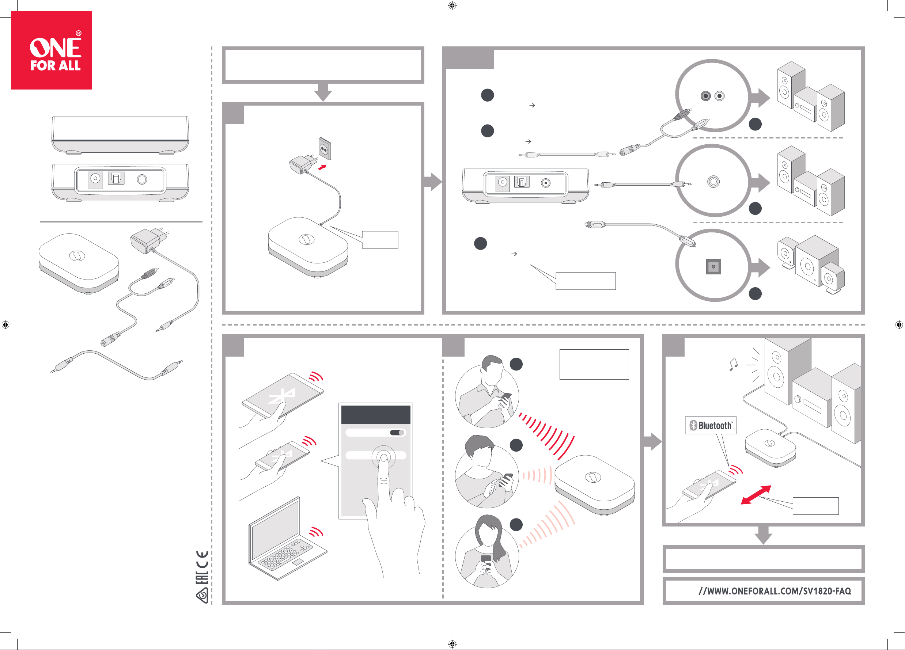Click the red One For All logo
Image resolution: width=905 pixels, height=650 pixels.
[52, 50]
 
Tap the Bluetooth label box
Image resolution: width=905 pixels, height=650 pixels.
[711, 426]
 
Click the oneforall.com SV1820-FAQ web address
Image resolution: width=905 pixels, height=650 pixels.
[775, 591]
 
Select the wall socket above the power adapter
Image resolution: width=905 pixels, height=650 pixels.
[325, 149]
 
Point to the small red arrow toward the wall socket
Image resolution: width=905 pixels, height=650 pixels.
[322, 167]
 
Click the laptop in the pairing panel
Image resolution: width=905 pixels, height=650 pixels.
[287, 539]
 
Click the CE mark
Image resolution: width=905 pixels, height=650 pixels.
[202, 559]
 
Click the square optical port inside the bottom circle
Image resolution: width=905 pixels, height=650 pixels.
[713, 266]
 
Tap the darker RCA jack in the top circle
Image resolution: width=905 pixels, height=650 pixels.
[706, 96]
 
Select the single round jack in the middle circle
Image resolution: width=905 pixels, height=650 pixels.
[713, 182]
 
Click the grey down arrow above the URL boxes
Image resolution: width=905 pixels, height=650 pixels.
[763, 535]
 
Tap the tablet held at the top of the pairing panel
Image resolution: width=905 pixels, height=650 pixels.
[283, 396]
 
